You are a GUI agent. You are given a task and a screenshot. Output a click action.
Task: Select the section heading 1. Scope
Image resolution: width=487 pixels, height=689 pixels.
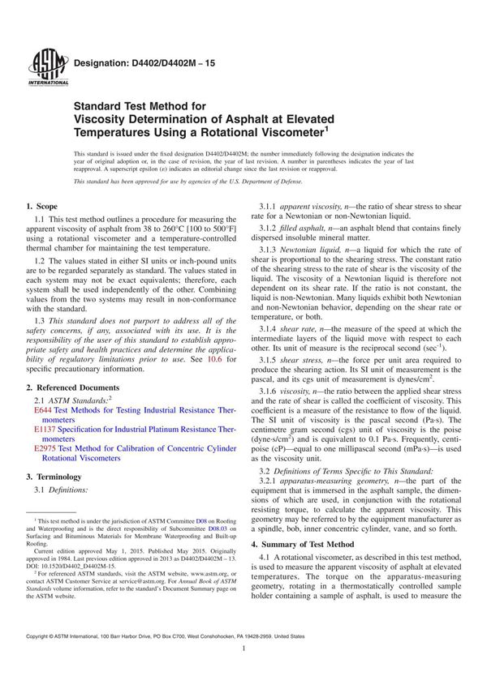pos(41,208)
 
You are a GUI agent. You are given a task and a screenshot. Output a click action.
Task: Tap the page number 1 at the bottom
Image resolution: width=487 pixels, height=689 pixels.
pos(243,672)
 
